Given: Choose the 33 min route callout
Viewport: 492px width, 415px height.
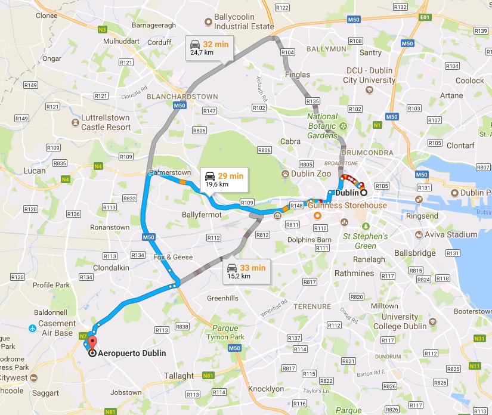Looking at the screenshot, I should [x=246, y=271].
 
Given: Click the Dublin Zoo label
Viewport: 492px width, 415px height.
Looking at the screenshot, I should [x=311, y=174].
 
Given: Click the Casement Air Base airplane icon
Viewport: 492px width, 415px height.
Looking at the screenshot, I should [x=31, y=328].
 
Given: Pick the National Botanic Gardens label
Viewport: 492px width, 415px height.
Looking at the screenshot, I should [x=323, y=126].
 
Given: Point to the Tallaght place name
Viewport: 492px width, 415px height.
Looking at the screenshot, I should [x=179, y=376].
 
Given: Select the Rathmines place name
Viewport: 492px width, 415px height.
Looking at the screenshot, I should [x=354, y=274].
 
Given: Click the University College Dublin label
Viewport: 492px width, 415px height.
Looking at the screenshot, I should [x=400, y=321].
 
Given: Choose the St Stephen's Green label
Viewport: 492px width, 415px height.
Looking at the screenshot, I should [x=365, y=241].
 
